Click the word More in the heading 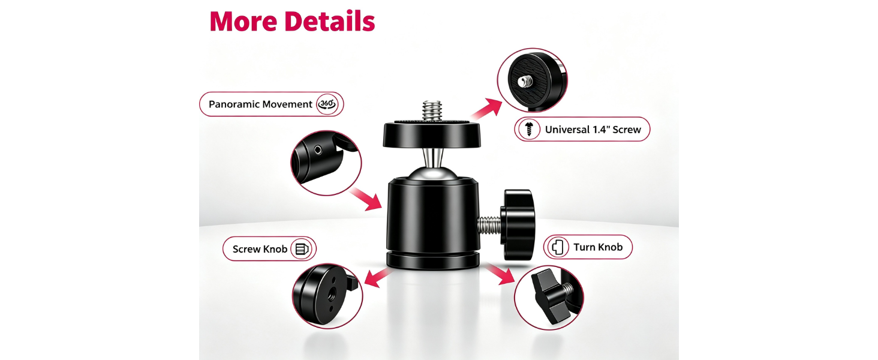click(243, 22)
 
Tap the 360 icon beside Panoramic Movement click(327, 104)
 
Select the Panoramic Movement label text click(260, 104)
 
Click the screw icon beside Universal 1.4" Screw click(529, 129)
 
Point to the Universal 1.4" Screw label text click(593, 130)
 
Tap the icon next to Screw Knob click(302, 249)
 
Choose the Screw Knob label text click(260, 249)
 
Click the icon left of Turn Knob click(558, 247)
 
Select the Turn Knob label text click(598, 247)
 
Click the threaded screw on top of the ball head click(432, 111)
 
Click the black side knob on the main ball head click(519, 225)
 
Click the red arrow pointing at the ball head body click(366, 199)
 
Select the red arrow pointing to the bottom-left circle click(378, 278)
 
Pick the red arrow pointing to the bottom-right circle click(500, 275)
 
